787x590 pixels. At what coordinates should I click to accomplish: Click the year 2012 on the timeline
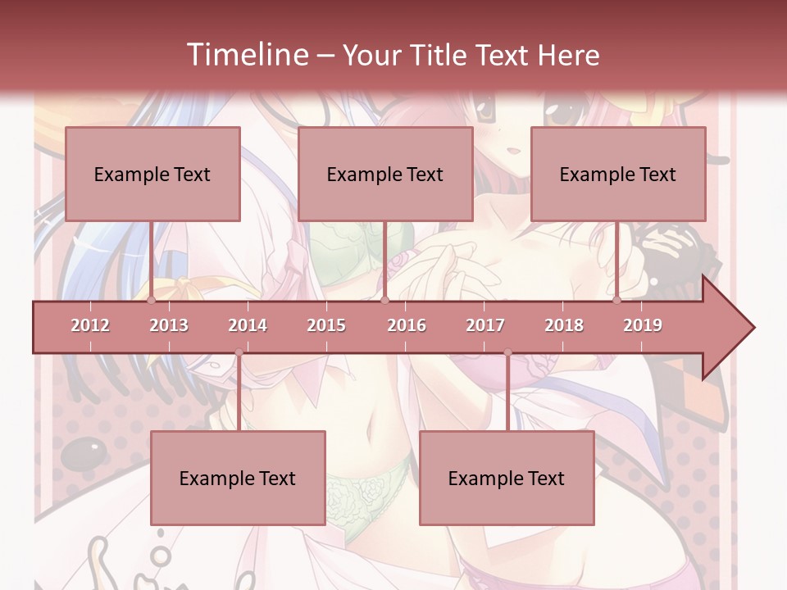pos(90,325)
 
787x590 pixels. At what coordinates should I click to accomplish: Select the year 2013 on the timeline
pos(169,325)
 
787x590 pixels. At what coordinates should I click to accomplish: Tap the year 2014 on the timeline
pos(248,325)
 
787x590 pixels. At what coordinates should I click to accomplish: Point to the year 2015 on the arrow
pos(326,325)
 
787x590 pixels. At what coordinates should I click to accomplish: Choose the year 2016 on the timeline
pos(407,325)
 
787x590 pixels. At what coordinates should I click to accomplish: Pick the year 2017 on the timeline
pos(485,325)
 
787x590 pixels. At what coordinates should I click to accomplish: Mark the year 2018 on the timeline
pos(564,325)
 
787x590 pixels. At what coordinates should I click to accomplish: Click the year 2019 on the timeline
pos(643,325)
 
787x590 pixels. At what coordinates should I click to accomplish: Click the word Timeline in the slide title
pos(246,55)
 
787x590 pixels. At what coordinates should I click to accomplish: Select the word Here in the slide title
pos(568,56)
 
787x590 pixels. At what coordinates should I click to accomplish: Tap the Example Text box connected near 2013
pos(152,174)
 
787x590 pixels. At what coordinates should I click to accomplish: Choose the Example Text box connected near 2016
pos(385,174)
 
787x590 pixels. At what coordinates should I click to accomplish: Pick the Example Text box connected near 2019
pos(618,174)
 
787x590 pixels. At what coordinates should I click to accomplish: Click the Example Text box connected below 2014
pos(238,478)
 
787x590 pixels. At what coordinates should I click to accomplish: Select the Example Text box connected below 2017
pos(507,478)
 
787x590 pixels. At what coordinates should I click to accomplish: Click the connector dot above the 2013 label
pos(152,301)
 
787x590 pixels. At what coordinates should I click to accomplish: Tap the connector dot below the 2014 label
pos(239,353)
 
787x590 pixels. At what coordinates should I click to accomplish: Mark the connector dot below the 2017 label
pos(507,353)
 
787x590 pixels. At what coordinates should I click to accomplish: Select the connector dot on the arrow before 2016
pos(385,301)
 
